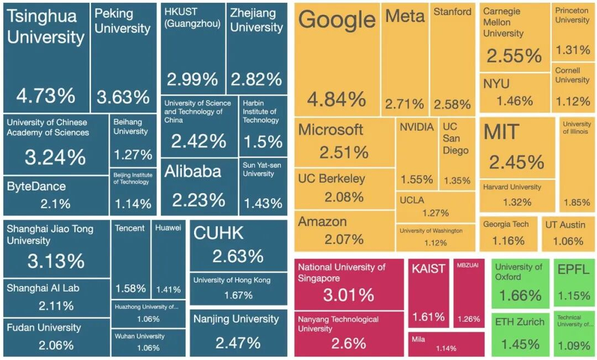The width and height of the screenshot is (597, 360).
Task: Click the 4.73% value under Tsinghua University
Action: point(46,96)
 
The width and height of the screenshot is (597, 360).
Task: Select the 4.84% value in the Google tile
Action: point(336,99)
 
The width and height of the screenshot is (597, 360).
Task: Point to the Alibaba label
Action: point(192,171)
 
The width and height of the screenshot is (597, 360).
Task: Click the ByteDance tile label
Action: point(36,186)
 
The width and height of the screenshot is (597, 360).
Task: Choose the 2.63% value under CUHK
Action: point(238,256)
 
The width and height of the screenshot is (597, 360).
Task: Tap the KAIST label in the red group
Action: point(428,269)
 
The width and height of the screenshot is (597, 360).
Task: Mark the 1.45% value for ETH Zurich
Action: point(519,344)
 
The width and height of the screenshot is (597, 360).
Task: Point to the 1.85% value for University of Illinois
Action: point(576,202)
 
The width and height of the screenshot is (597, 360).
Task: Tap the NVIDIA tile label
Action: point(417,127)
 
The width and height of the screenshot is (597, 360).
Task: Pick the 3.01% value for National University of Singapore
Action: point(348,294)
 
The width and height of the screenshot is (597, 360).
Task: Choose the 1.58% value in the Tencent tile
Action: point(130,289)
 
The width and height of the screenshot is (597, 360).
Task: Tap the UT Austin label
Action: point(564,224)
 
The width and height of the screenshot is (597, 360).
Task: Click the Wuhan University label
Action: point(140,336)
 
